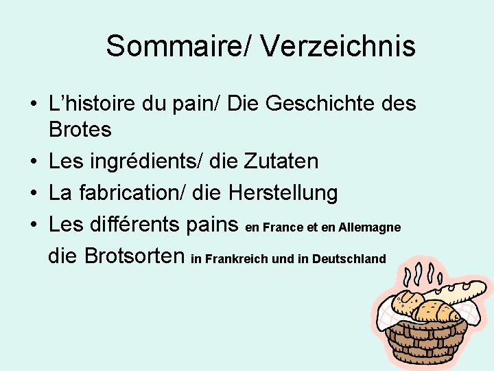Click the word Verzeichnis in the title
(338, 47)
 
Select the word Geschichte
(302, 105)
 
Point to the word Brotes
(80, 128)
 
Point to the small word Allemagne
(369, 227)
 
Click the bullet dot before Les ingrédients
(33, 162)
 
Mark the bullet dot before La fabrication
(33, 194)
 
